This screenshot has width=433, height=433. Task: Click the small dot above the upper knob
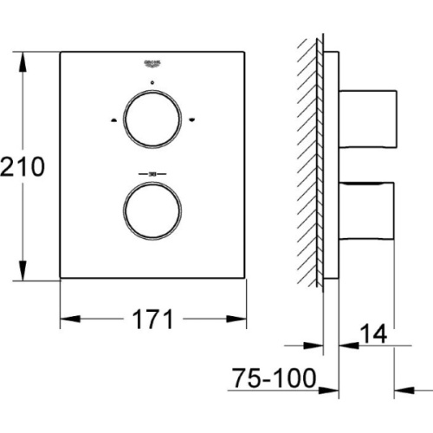152,84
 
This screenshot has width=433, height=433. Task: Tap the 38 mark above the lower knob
152,173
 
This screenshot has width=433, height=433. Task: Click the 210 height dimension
22,166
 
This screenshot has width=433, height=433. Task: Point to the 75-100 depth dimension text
274,379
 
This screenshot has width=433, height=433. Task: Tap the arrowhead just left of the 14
345,343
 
